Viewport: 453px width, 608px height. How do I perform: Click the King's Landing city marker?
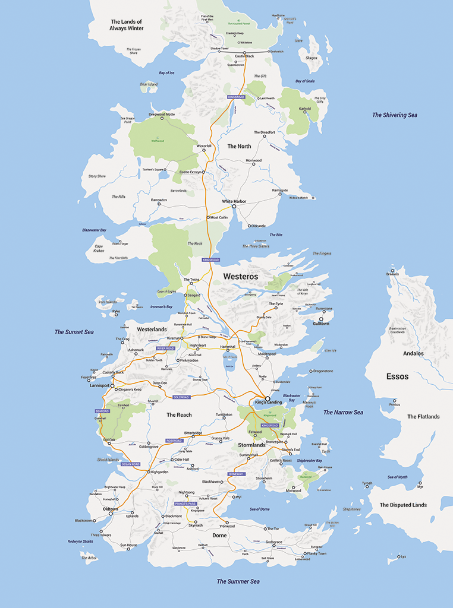[x=268, y=398]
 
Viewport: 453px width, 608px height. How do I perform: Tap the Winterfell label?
[x=204, y=145]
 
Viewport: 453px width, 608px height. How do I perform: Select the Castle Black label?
[x=244, y=56]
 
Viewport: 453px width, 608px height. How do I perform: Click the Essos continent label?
[x=397, y=376]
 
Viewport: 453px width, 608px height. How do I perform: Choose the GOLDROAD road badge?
[x=182, y=397]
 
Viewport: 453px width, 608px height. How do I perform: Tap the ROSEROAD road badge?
[x=174, y=441]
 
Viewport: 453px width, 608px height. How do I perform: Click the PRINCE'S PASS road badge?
[x=185, y=503]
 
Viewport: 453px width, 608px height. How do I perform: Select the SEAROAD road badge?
[x=102, y=411]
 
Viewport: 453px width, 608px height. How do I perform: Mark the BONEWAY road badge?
[x=236, y=474]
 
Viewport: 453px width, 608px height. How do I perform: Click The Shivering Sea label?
[x=395, y=115]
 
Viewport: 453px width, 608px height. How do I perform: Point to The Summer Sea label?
[x=238, y=581]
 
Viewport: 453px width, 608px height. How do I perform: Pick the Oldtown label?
[x=111, y=509]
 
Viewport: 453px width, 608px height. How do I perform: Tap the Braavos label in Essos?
[x=392, y=274]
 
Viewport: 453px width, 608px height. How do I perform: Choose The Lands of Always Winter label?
[x=127, y=25]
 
